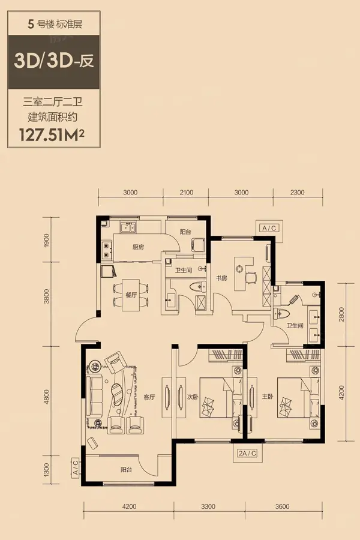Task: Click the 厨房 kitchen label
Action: pyautogui.click(x=138, y=247)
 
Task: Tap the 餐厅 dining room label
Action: pyautogui.click(x=131, y=295)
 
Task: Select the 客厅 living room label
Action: pyautogui.click(x=149, y=397)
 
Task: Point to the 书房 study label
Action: pyautogui.click(x=221, y=278)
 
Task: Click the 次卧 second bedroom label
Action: pyautogui.click(x=193, y=397)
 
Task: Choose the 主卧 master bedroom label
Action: pyautogui.click(x=268, y=397)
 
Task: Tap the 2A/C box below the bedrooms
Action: pyautogui.click(x=247, y=453)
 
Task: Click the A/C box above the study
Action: pyautogui.click(x=269, y=228)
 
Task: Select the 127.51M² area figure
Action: pyautogui.click(x=52, y=134)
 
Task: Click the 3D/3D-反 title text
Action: pyautogui.click(x=54, y=62)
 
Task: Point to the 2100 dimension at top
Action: pyautogui.click(x=187, y=193)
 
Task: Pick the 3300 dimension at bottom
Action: pyautogui.click(x=208, y=506)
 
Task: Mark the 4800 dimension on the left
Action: pyautogui.click(x=47, y=397)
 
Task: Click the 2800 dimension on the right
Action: pyautogui.click(x=341, y=314)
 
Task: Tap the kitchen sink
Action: pyautogui.click(x=127, y=227)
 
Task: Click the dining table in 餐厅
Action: pyautogui.click(x=131, y=295)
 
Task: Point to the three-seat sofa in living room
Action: pyautogui.click(x=94, y=396)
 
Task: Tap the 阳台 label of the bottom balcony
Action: pyautogui.click(x=126, y=469)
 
